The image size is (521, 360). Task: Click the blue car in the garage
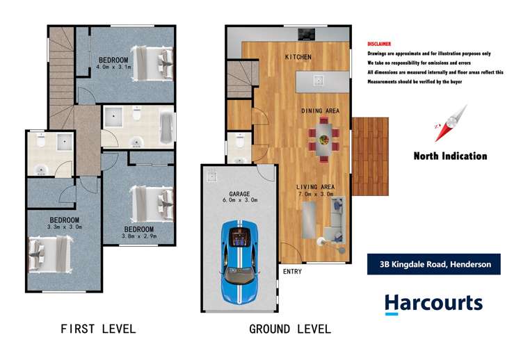(239, 261)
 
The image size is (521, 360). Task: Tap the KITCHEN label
(297, 57)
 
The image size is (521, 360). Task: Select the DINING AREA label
(320, 111)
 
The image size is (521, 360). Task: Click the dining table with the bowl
(324, 140)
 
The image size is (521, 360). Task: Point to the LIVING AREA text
(317, 186)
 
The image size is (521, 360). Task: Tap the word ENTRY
(292, 272)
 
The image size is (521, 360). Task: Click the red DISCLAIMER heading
(379, 44)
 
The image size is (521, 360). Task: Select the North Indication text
(450, 156)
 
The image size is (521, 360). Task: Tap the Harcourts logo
(433, 304)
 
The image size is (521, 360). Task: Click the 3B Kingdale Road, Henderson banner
(434, 264)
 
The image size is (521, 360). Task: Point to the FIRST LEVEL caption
(98, 329)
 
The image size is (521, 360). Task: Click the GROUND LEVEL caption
(290, 329)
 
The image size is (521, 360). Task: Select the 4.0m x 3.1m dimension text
(114, 68)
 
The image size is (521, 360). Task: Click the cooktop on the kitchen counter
(306, 33)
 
